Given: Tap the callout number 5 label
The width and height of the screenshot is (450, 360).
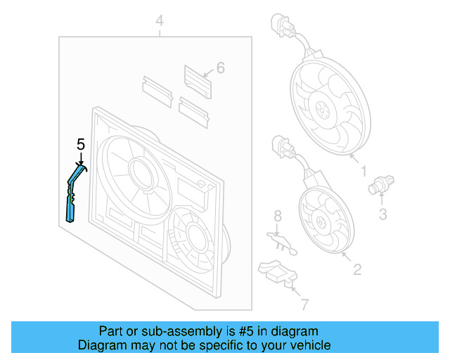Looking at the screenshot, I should [x=81, y=144].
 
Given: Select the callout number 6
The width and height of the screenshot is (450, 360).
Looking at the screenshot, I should [x=220, y=68].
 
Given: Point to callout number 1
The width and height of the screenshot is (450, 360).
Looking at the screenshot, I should [x=364, y=170].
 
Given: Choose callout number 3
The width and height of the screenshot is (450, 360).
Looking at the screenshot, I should [x=382, y=214].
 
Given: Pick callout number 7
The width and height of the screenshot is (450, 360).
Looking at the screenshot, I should [x=304, y=304].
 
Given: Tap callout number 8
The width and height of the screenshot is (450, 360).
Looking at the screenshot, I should [x=277, y=214].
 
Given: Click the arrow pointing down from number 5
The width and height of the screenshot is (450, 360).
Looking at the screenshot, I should [x=81, y=158].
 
